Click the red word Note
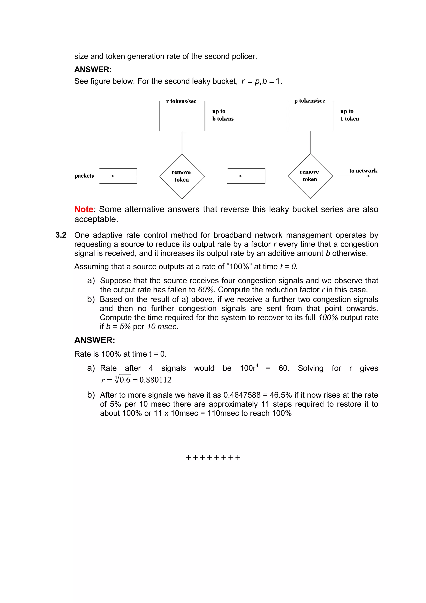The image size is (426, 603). tap(83, 209)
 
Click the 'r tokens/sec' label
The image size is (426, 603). tap(181, 101)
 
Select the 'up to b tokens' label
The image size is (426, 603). tap(223, 115)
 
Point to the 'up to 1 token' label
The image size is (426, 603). tap(349, 115)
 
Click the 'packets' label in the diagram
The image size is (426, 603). tap(84, 176)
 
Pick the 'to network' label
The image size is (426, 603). tap(363, 171)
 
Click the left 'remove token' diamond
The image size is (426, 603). tap(182, 176)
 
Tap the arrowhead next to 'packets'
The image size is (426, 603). tap(112, 176)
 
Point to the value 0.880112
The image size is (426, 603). tap(155, 380)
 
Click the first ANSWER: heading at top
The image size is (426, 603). tap(93, 69)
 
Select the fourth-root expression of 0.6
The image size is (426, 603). tap(122, 380)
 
